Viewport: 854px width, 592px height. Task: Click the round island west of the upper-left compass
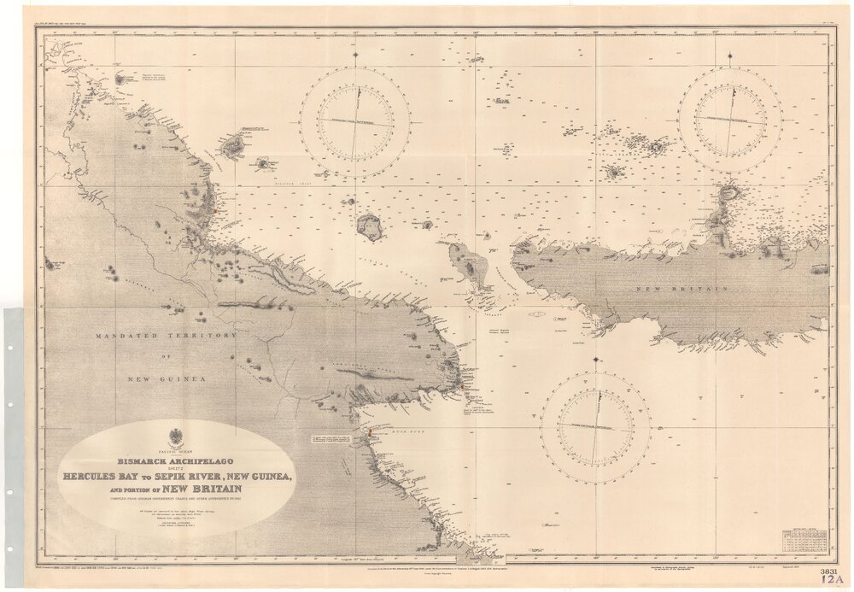pos(370,226)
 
